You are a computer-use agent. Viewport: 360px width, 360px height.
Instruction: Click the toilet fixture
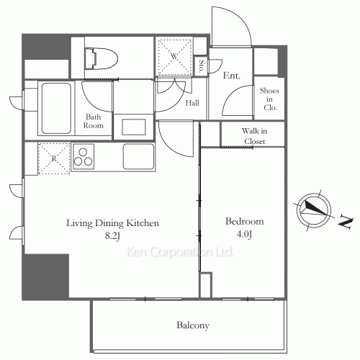[101, 59]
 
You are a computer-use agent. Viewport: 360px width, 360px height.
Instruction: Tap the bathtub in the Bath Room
[56, 108]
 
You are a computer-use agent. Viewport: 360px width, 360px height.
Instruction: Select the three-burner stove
[83, 157]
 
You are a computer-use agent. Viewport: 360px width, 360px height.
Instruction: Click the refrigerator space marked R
[54, 158]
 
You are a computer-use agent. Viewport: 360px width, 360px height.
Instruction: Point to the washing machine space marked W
[174, 57]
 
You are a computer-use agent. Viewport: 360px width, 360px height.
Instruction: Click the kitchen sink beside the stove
[138, 156]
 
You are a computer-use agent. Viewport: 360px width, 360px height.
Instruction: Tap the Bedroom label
[244, 221]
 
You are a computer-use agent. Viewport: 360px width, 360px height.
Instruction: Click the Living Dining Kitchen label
[112, 223]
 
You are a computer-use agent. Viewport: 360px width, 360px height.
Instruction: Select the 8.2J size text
[112, 236]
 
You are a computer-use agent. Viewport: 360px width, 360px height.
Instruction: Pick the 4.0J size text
[244, 234]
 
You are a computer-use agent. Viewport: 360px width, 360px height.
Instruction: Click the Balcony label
[193, 325]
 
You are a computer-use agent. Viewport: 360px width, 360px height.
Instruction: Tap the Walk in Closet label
[254, 136]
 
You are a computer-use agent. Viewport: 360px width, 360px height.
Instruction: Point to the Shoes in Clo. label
[269, 99]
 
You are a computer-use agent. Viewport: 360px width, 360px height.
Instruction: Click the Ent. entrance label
[231, 76]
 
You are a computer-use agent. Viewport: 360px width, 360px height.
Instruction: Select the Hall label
[192, 103]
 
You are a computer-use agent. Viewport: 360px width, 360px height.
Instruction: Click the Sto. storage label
[202, 66]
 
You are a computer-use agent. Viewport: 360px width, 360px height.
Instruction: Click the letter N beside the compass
[346, 222]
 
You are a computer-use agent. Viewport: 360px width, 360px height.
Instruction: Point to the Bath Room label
[94, 121]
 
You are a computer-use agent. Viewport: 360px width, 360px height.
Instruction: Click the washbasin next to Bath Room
[134, 127]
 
